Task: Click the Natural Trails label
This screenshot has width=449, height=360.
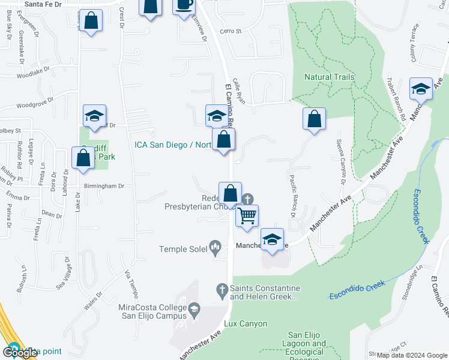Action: click(x=329, y=77)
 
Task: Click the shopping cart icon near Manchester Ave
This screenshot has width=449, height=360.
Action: click(x=247, y=215)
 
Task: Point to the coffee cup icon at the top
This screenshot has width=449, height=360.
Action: click(x=184, y=5)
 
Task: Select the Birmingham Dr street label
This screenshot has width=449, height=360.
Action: click(x=104, y=186)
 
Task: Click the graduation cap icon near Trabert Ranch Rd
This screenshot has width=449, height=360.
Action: click(x=421, y=89)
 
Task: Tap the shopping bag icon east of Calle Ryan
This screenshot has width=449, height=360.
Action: click(x=314, y=119)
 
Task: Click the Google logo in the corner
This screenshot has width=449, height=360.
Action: click(x=19, y=353)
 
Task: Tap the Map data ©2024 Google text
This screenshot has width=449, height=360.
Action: click(x=412, y=355)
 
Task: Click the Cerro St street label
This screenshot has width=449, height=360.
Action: click(x=230, y=31)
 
